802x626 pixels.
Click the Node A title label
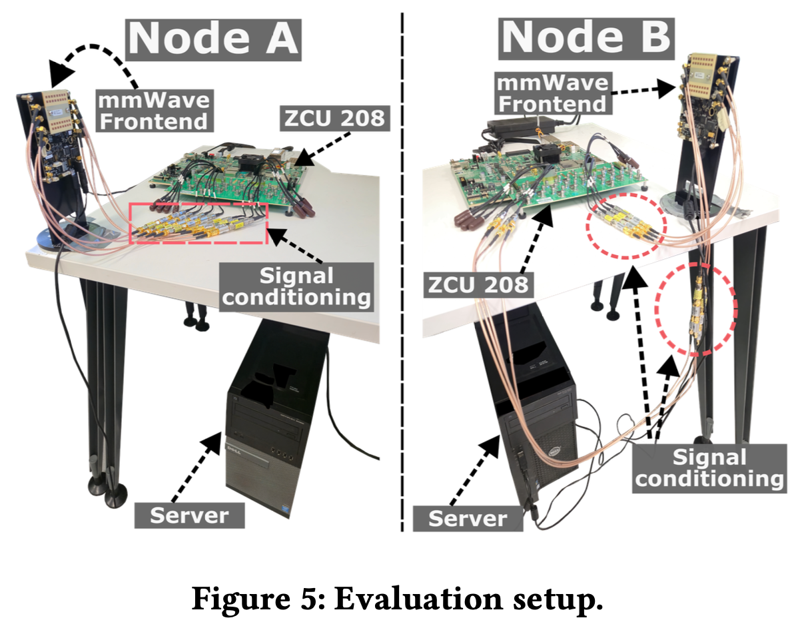(213, 39)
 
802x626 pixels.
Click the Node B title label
(586, 39)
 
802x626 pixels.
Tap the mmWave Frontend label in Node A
(155, 111)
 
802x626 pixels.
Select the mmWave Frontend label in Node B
(553, 93)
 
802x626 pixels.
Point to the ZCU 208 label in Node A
(335, 118)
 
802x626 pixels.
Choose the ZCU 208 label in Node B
(478, 285)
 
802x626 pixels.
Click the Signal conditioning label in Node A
(296, 286)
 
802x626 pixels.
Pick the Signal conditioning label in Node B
(709, 468)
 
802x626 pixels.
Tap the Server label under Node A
(189, 515)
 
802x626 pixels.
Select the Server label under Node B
(468, 518)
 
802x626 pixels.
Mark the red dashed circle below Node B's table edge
(656, 309)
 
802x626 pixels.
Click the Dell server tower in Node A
(278, 417)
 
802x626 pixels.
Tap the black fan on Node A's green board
(251, 162)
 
